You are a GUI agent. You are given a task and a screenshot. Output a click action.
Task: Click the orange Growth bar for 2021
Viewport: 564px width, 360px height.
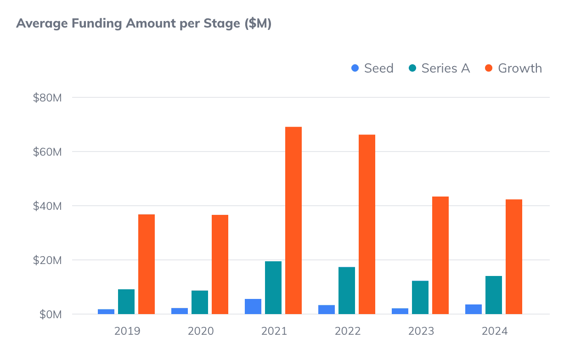[293, 220]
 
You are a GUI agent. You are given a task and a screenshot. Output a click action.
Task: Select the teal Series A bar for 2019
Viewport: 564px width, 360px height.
[126, 302]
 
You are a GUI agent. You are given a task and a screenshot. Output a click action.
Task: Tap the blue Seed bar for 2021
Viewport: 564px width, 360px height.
[253, 307]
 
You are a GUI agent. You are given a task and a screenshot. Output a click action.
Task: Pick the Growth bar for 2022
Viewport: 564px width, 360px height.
[367, 225]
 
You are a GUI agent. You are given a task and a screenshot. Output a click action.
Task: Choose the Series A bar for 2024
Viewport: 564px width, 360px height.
[494, 295]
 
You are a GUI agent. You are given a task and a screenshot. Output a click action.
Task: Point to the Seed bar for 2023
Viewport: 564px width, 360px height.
[400, 311]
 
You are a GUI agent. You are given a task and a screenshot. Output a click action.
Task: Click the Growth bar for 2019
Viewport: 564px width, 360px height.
[147, 264]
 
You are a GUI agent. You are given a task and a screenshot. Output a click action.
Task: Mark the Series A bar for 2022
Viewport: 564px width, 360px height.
[347, 291]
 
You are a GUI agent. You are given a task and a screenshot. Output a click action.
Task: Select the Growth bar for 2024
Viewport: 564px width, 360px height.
[514, 257]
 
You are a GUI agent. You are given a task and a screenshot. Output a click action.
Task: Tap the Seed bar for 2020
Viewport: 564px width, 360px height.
[180, 311]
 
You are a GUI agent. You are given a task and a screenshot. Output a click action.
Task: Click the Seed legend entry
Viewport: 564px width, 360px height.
[372, 68]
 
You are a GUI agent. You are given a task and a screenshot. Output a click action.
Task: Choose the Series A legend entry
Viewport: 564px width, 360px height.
[440, 68]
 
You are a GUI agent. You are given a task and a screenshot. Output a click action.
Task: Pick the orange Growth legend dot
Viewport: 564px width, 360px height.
[489, 68]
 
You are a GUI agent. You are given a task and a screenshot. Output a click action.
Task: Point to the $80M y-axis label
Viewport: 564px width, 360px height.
[47, 98]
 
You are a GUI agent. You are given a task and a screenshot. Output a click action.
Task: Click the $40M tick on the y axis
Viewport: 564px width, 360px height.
[47, 206]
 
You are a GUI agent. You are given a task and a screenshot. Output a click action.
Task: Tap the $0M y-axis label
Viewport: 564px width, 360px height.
[50, 315]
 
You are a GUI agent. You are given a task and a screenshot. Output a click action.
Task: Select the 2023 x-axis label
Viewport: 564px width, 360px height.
[421, 331]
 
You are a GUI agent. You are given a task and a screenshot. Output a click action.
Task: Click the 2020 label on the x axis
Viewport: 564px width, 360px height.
[201, 331]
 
